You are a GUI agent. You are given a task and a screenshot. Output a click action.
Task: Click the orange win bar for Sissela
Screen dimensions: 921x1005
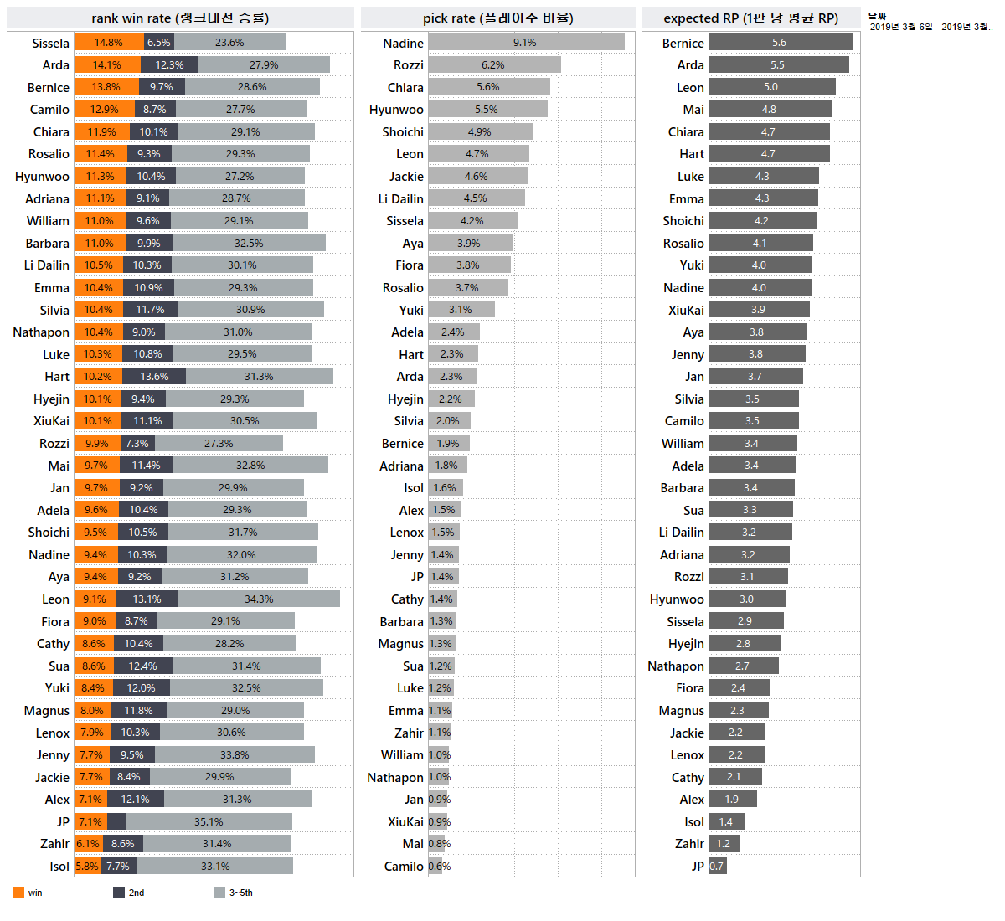[109, 43]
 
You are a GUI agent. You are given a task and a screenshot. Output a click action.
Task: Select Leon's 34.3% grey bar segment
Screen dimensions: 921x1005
[259, 599]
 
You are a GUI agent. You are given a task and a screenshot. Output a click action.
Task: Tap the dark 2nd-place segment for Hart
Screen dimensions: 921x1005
[154, 377]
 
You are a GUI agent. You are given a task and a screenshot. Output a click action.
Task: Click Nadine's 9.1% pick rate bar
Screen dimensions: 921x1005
[526, 43]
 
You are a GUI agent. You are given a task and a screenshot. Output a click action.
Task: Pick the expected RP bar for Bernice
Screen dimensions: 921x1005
[780, 43]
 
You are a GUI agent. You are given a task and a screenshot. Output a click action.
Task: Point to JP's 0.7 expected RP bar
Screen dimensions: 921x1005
[717, 867]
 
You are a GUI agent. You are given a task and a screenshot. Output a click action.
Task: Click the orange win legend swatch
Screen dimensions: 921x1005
[18, 893]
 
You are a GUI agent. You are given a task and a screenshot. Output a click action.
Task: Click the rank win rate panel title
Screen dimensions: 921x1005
[180, 18]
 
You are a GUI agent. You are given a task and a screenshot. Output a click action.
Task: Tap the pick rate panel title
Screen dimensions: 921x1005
[497, 18]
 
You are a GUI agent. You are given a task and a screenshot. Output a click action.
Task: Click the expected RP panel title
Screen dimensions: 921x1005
[750, 18]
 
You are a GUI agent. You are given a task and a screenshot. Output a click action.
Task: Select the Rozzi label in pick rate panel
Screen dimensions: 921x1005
[408, 65]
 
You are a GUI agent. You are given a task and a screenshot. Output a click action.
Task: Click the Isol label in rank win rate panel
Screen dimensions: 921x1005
[59, 867]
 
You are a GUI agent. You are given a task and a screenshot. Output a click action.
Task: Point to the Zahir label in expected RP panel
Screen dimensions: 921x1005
[689, 844]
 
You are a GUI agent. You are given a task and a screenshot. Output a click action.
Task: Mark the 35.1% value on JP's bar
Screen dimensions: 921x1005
[209, 822]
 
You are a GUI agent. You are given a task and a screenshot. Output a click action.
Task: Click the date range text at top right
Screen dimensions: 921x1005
[930, 27]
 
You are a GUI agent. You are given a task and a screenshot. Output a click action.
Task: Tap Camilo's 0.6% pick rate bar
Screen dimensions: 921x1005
[435, 867]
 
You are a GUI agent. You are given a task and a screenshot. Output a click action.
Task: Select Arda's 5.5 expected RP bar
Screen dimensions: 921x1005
[778, 65]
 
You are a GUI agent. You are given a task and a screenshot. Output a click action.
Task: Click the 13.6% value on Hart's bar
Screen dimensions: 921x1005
[154, 377]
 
